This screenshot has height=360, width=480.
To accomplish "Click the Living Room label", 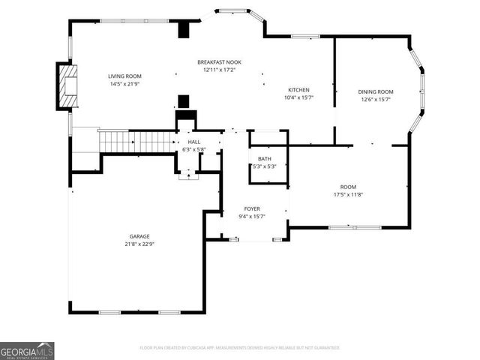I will click(124, 76).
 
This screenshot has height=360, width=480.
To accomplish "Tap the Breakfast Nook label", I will click(219, 62).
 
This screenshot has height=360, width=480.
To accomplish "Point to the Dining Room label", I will click(375, 91).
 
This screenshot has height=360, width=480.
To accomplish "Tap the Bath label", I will click(264, 159).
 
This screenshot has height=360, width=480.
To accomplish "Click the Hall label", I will click(193, 142).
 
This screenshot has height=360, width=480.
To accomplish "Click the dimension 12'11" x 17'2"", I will click(219, 70).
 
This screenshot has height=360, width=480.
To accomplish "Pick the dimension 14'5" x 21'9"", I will click(124, 84).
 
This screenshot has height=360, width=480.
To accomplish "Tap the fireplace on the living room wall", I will click(67, 86).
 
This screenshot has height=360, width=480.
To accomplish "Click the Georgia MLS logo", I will click(27, 350).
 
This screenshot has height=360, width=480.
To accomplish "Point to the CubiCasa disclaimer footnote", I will click(240, 348).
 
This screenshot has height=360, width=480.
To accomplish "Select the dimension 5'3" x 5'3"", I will click(264, 166).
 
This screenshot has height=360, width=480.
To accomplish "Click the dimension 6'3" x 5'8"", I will click(193, 149).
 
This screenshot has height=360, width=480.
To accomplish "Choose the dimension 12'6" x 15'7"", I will click(375, 99).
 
